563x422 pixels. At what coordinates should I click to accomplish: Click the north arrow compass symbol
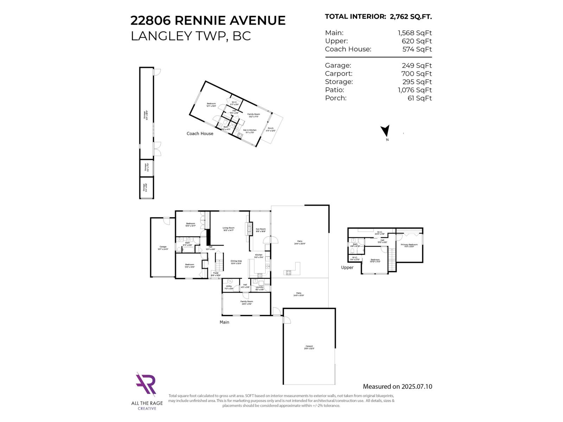(386, 131)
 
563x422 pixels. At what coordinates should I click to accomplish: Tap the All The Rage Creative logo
(146, 385)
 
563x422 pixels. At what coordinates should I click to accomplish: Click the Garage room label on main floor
(163, 247)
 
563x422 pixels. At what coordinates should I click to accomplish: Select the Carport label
(309, 346)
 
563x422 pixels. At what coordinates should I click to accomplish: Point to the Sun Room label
(261, 229)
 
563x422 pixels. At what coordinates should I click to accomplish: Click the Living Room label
(228, 228)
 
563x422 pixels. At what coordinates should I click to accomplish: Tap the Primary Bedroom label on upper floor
(409, 244)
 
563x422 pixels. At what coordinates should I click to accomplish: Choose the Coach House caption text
(200, 134)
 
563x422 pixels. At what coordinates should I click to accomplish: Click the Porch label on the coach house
(271, 128)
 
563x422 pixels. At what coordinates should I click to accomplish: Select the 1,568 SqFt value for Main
(415, 33)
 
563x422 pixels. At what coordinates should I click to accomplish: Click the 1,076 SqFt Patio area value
(415, 90)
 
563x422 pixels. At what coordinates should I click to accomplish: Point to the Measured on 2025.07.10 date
(397, 386)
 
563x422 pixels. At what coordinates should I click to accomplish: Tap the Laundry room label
(260, 287)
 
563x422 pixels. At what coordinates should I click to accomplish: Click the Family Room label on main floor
(247, 301)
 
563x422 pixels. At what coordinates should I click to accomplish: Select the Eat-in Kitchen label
(250, 130)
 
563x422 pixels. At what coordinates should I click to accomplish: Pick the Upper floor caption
(347, 268)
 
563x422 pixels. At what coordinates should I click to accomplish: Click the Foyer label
(216, 273)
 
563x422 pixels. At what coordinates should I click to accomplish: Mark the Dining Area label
(236, 261)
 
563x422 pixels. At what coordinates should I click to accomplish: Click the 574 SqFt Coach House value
(417, 49)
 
